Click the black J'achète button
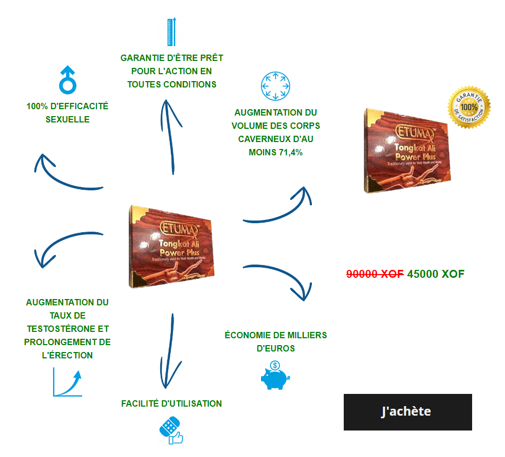(407, 412)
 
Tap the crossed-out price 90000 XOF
(375, 274)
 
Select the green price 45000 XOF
(436, 274)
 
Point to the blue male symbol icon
(68, 79)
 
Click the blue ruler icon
(171, 32)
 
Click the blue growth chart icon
(67, 383)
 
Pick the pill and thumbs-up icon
(171, 430)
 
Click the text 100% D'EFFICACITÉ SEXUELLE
(67, 113)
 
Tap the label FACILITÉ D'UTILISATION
(171, 403)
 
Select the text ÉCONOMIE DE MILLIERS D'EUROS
(275, 342)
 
